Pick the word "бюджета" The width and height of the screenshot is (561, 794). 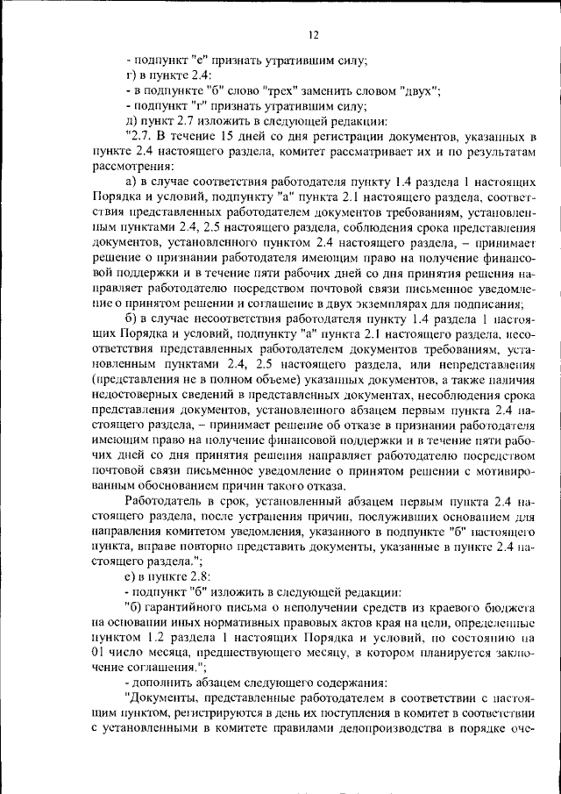click(510, 610)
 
